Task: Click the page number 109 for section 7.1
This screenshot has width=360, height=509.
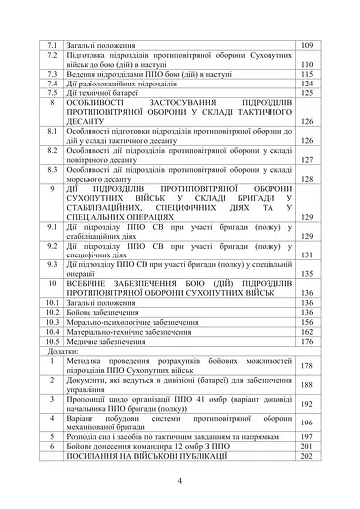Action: (x=306, y=46)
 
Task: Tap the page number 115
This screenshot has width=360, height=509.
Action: (x=306, y=74)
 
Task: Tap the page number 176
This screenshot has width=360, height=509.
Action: (x=306, y=341)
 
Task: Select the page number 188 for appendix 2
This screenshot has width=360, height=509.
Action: (x=306, y=385)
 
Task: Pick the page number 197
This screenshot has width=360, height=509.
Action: (x=306, y=436)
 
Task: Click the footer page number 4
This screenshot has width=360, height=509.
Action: (x=179, y=481)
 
